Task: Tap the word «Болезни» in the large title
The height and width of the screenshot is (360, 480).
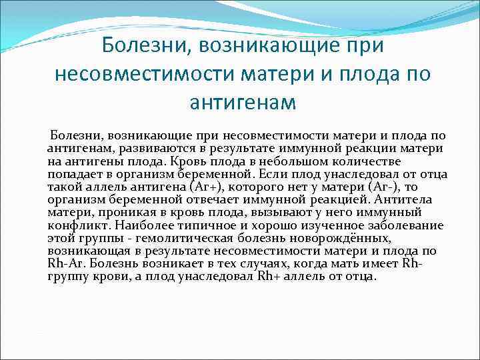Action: point(143,46)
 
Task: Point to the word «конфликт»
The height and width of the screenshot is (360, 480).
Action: point(73,225)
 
